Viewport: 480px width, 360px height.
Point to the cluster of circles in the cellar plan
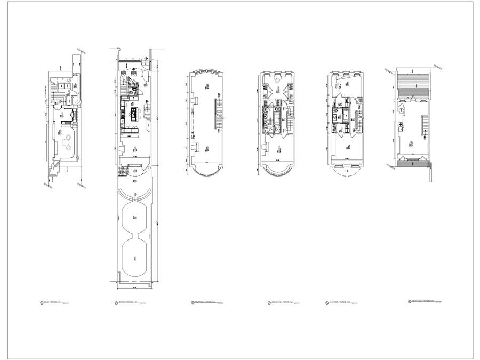click(68, 140)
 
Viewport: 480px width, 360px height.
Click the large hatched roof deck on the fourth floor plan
click(414, 85)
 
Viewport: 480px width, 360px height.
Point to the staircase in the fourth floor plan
click(426, 127)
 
